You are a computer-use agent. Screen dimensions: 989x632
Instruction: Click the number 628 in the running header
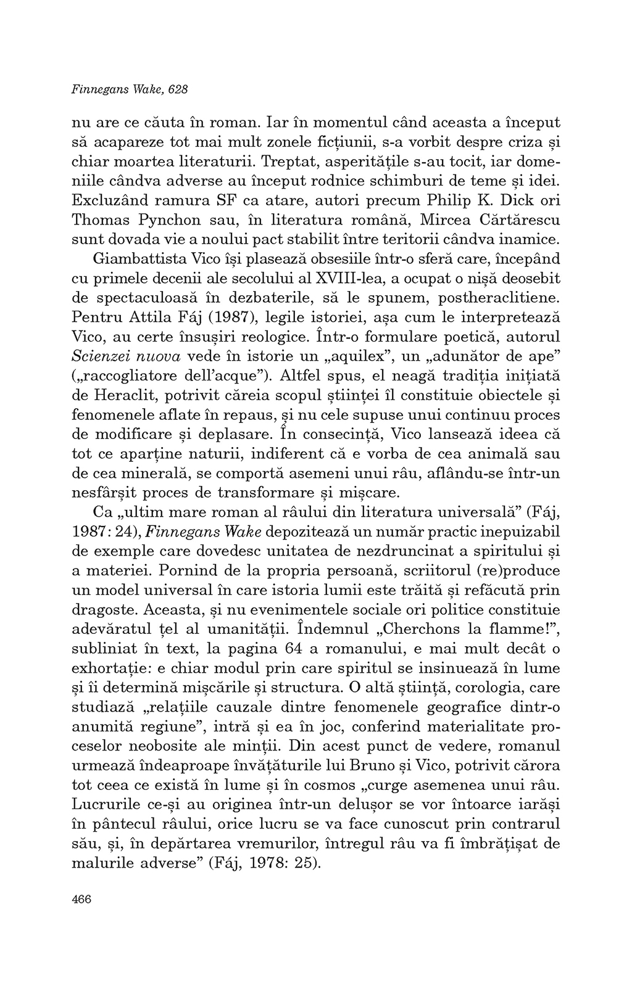[178, 89]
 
